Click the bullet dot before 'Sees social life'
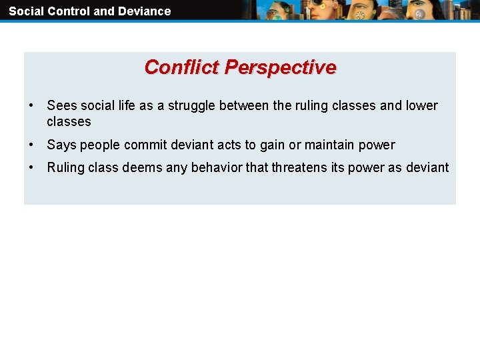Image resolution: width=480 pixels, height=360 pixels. (x=31, y=106)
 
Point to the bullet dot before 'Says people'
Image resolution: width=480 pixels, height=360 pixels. (x=31, y=145)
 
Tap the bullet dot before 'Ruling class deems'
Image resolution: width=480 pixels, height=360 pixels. (x=31, y=168)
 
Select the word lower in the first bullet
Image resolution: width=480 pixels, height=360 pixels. (x=422, y=106)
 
